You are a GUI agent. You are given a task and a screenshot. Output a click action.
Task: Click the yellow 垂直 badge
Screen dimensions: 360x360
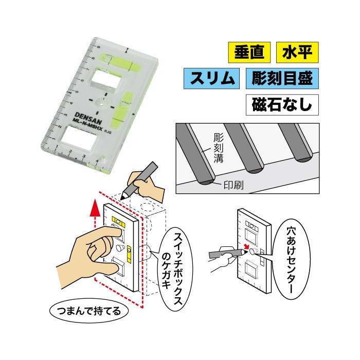tap(249, 52)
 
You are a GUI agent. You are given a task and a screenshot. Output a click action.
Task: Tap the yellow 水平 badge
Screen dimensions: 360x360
tap(297, 52)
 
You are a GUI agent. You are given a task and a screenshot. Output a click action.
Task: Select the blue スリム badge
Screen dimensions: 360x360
tap(211, 78)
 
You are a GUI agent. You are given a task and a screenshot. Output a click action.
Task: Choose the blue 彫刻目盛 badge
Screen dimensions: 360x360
tap(282, 78)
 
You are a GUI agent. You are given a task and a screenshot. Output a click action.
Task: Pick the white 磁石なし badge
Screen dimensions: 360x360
tap(282, 105)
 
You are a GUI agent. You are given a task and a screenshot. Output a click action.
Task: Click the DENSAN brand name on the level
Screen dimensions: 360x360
tap(88, 118)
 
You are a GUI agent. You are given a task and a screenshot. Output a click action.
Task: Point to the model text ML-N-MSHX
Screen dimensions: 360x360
tap(87, 124)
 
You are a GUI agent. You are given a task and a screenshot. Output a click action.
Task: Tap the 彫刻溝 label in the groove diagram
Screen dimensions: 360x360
tap(218, 148)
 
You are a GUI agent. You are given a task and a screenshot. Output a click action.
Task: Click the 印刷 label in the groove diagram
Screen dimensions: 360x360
tap(233, 185)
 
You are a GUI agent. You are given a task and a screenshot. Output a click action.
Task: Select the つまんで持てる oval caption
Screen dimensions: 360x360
tap(89, 311)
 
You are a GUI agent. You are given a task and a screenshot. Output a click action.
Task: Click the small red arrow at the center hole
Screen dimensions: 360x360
tap(246, 247)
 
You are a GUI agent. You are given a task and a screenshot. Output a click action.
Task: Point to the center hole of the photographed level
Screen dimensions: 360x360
tap(101, 102)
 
